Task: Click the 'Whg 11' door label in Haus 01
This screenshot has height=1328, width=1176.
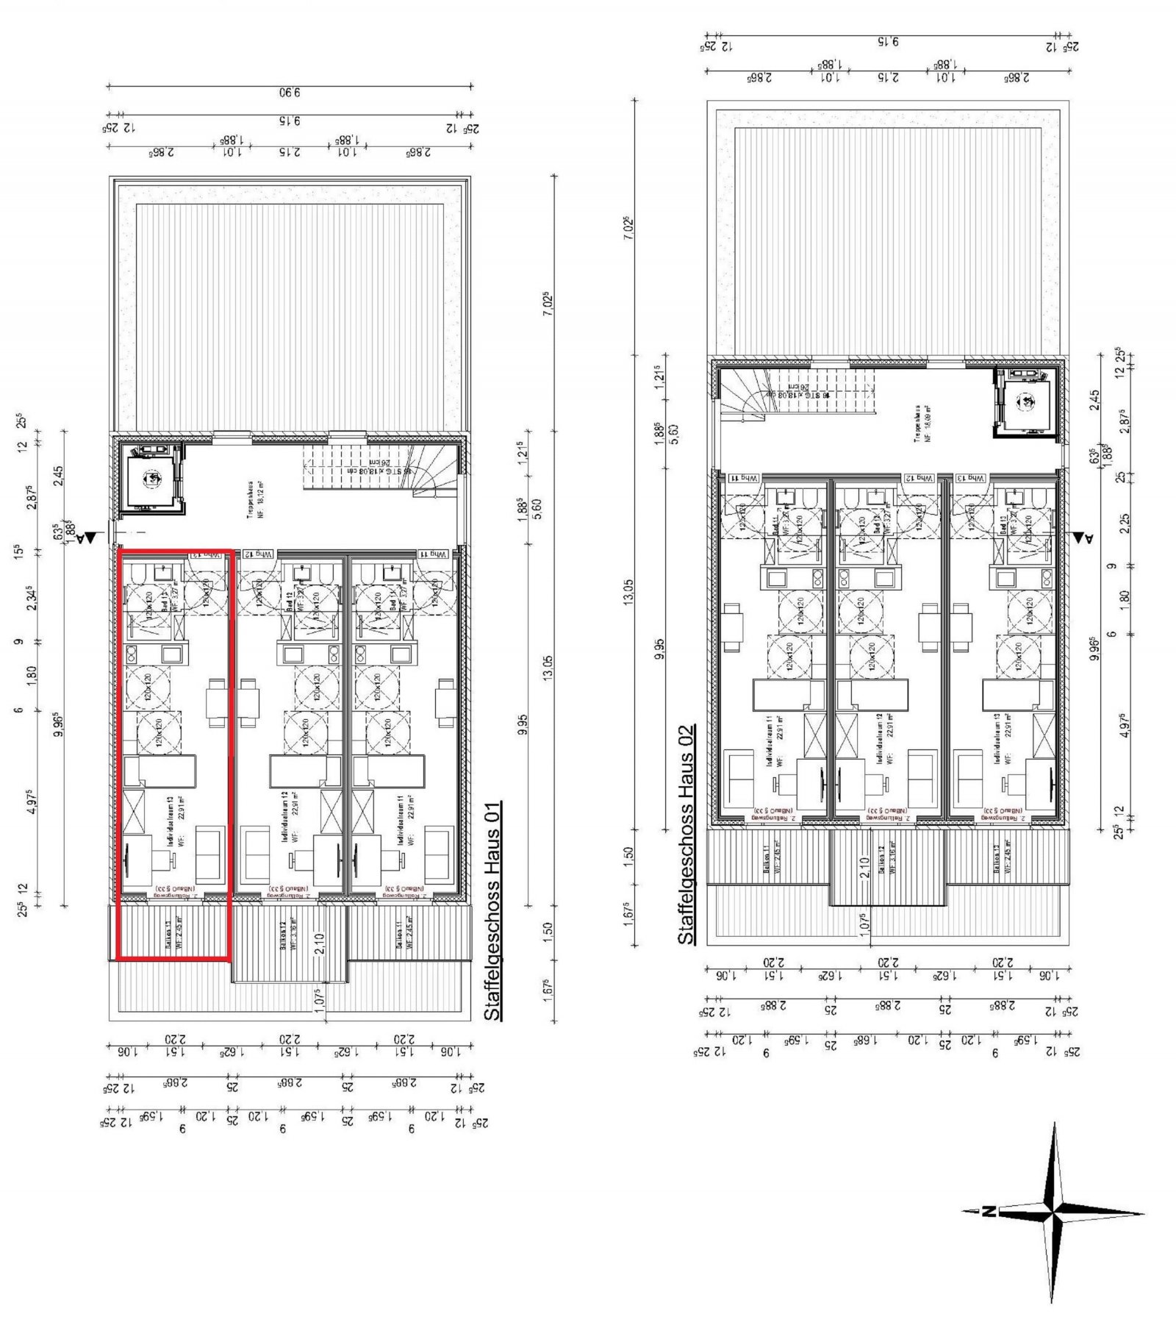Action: tap(433, 554)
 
